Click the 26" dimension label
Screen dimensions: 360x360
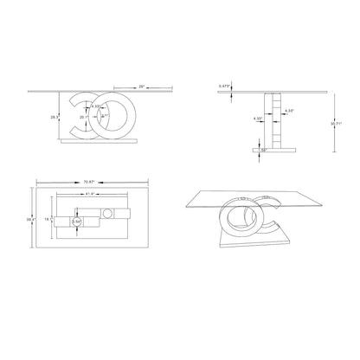point(142,87)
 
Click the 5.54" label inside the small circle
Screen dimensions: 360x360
point(76,223)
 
